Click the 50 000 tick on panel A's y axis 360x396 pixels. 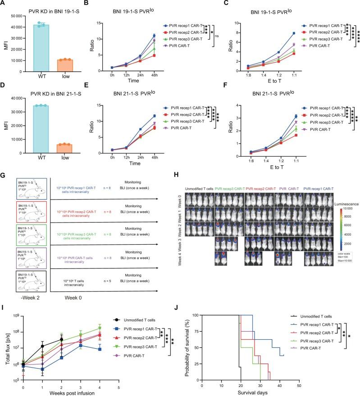point(19,16)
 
